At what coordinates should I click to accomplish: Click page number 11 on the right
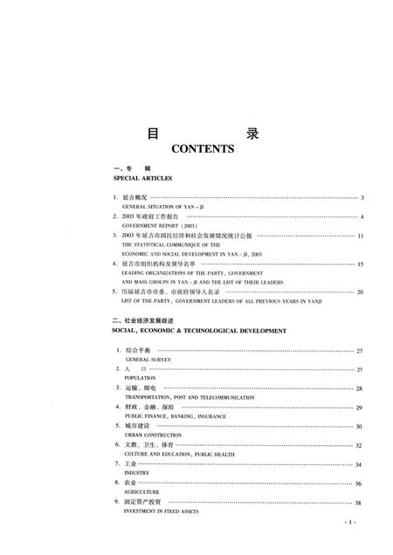360,236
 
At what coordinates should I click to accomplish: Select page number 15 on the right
360,264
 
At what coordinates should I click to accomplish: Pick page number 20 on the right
360,292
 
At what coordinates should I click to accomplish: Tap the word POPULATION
141,378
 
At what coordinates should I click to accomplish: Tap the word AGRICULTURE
142,493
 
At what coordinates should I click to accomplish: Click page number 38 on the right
359,504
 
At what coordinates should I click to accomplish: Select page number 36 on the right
359,484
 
